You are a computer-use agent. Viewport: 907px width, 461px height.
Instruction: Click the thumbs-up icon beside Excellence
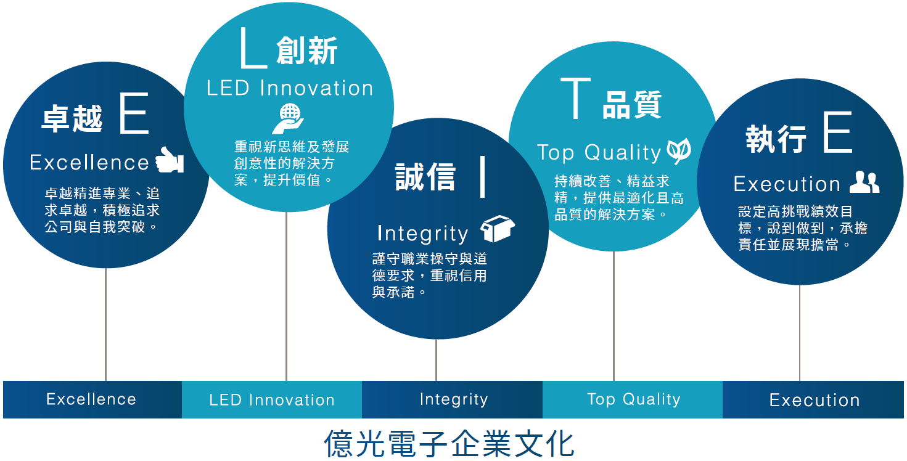(x=170, y=160)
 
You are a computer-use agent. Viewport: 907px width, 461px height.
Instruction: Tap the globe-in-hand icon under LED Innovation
(x=288, y=118)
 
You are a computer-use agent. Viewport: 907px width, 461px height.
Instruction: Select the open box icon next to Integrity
(x=498, y=229)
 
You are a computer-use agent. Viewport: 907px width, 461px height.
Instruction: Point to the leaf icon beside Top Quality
(x=679, y=151)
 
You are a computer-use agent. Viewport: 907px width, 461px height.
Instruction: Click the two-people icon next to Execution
(x=864, y=182)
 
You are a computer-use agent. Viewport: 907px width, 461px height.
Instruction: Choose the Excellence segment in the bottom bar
(x=92, y=399)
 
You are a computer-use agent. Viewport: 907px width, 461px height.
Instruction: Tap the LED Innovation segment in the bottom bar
(x=272, y=399)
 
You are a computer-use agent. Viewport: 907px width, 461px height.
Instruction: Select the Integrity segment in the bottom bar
(x=453, y=399)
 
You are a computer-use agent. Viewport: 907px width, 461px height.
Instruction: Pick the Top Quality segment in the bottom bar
(x=633, y=399)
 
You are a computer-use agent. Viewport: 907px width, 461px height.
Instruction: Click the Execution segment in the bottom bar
(x=813, y=399)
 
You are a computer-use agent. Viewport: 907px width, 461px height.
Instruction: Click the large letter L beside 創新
(x=253, y=47)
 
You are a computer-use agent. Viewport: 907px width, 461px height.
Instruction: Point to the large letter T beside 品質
(x=575, y=99)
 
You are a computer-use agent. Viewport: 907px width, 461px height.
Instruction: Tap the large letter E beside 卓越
(x=134, y=113)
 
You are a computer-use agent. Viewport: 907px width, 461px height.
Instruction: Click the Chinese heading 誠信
(x=425, y=176)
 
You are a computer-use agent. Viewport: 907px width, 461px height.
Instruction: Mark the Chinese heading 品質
(x=632, y=104)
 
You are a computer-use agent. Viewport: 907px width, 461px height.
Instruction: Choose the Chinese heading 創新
(x=307, y=50)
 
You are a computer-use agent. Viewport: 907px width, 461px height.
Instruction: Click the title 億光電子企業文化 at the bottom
(x=449, y=444)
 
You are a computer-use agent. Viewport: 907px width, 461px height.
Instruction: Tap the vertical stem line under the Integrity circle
(x=436, y=360)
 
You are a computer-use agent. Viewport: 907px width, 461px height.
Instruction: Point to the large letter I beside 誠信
(x=482, y=176)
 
